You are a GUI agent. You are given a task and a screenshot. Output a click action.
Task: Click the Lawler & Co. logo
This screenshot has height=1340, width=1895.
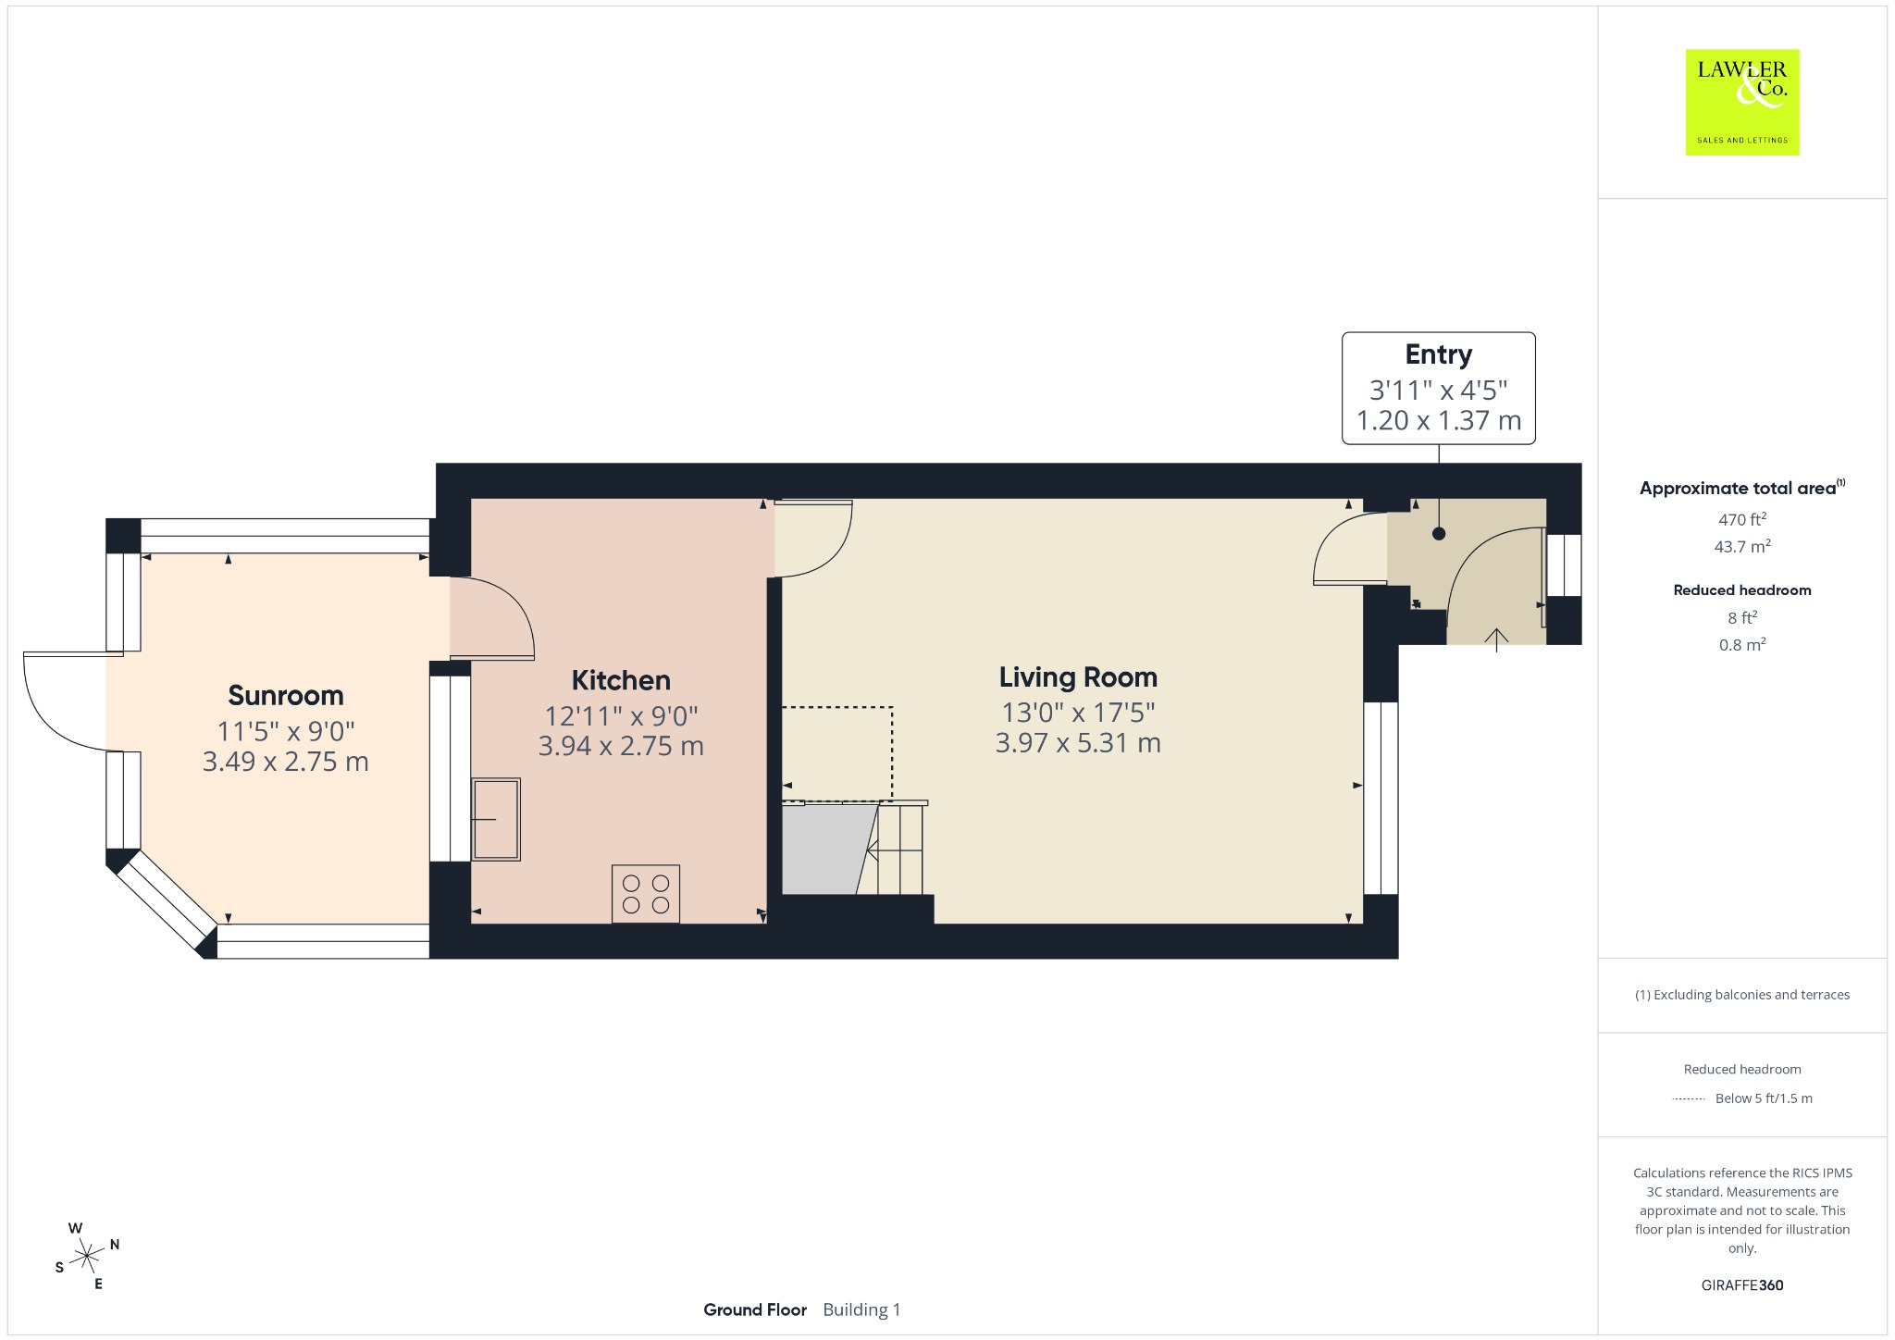coord(1742,102)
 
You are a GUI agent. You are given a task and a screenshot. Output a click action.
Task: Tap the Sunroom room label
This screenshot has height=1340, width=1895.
coord(286,695)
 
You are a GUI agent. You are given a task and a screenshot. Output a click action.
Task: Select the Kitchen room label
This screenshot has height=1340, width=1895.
coord(621,680)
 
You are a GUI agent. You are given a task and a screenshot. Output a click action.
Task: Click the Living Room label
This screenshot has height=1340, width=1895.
coord(1078,677)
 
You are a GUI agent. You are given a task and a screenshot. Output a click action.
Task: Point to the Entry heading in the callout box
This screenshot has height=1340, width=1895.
coord(1439,354)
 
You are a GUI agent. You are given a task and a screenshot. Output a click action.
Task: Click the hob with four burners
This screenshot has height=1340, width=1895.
coord(646,894)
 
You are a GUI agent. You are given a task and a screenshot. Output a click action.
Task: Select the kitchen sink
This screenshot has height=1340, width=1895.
coord(497,819)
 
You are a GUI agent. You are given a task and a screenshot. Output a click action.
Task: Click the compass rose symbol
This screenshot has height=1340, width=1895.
coord(87,1256)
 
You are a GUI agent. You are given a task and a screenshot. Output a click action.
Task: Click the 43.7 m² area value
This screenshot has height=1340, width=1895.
coord(1742,546)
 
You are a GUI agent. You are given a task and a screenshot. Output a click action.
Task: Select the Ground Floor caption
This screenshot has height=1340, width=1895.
coord(755,1309)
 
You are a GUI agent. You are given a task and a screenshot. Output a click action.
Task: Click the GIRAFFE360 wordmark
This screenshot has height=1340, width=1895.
coord(1742,1284)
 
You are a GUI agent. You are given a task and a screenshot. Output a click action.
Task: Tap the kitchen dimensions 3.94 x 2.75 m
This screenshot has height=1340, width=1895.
coord(621,746)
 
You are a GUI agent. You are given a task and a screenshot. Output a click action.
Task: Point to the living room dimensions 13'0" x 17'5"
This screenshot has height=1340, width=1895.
coord(1078,713)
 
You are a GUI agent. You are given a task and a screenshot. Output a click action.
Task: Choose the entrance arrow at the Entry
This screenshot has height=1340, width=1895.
coord(1496,639)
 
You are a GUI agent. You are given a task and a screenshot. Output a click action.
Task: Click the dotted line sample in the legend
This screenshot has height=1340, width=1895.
coord(1689,1098)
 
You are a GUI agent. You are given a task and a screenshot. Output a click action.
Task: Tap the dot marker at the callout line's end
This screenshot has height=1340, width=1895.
coord(1439,534)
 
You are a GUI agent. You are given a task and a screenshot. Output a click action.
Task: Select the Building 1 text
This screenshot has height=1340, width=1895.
coord(861,1309)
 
